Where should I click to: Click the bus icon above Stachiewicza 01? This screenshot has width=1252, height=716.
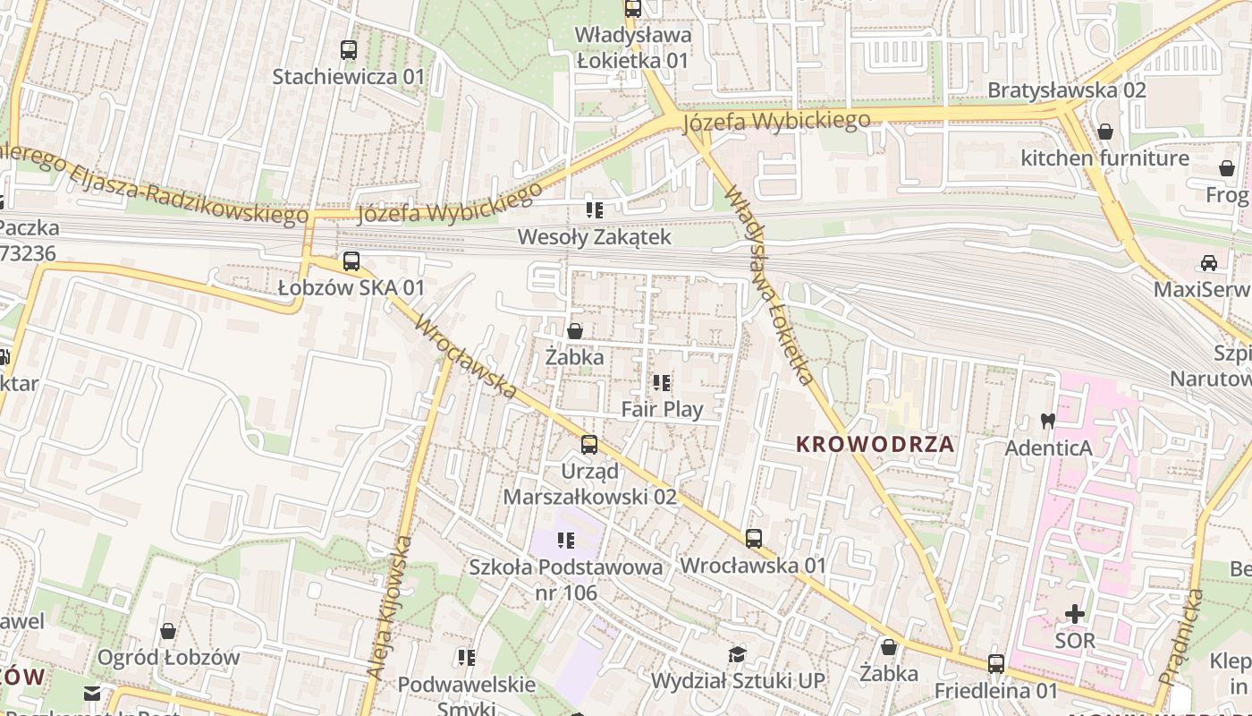pos(349,50)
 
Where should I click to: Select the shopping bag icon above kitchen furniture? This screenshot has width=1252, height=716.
pos(1105,132)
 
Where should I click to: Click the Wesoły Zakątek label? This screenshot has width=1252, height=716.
pos(594,237)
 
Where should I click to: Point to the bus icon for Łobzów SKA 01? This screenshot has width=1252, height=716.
pos(351,261)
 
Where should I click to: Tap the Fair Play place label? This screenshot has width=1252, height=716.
pos(662,410)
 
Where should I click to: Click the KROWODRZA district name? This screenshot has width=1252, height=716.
pos(875,444)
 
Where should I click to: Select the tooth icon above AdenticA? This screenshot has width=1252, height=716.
pos(1048,420)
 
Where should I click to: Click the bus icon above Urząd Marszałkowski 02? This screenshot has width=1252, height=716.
pos(589,444)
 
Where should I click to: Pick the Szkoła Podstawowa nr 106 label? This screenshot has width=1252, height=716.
pos(566,579)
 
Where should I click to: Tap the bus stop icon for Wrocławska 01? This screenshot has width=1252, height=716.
pos(754,538)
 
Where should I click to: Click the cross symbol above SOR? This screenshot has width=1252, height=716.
pos(1074,614)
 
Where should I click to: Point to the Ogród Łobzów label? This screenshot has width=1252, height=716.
pos(168,658)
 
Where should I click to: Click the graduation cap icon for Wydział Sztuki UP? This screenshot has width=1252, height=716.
pos(737,654)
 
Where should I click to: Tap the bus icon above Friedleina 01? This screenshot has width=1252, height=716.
pos(996,664)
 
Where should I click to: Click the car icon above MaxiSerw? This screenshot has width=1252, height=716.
pos(1209,262)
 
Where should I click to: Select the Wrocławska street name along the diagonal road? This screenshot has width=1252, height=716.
pos(466,358)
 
